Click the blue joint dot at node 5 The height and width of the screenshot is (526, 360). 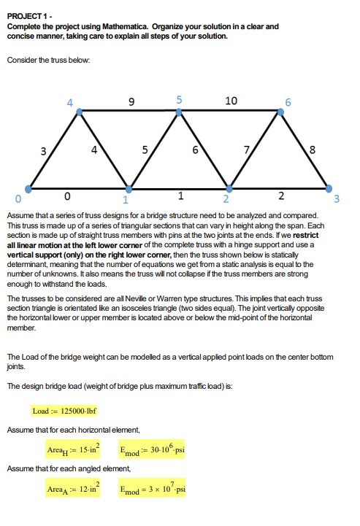[x=179, y=111]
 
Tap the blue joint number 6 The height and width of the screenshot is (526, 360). [x=288, y=101]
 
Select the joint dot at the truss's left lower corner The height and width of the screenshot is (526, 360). [x=28, y=188]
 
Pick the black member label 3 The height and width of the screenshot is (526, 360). [x=44, y=151]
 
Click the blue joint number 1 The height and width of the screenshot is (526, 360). [x=125, y=199]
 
